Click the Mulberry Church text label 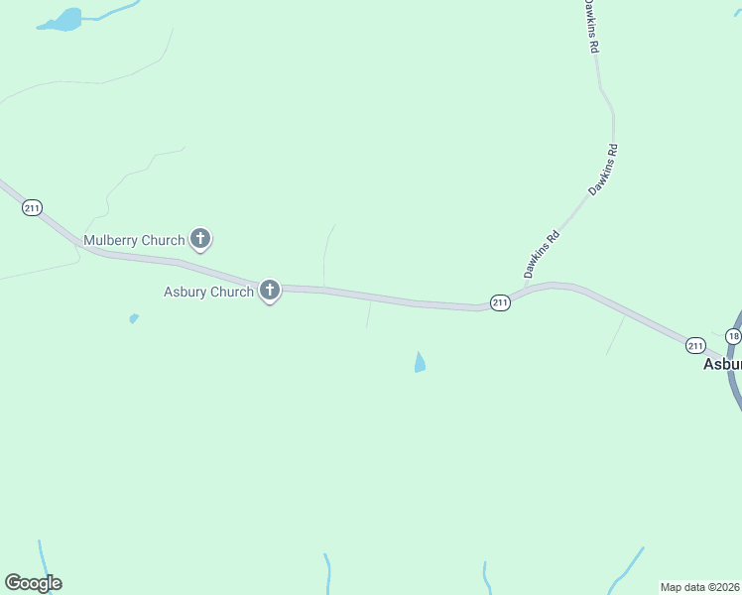click(x=134, y=240)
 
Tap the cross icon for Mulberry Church click(x=200, y=238)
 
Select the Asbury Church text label click(x=208, y=292)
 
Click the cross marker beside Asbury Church click(x=269, y=290)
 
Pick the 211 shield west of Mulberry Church click(x=32, y=207)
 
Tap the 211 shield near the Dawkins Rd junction click(x=500, y=302)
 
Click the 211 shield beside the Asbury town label click(x=695, y=345)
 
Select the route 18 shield click(x=733, y=337)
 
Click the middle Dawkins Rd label click(x=603, y=169)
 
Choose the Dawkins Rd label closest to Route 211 click(x=542, y=254)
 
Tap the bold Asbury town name click(x=721, y=364)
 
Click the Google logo click(x=33, y=583)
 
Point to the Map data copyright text click(x=700, y=587)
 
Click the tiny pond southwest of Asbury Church click(x=134, y=318)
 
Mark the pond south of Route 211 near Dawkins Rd click(x=420, y=363)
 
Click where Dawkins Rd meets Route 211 click(x=522, y=290)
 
